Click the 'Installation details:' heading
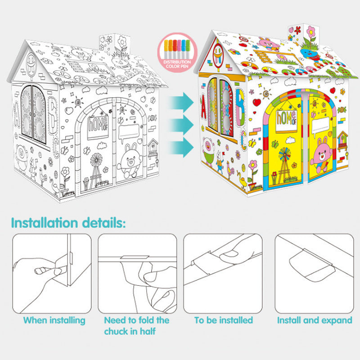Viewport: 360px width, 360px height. tap(68, 223)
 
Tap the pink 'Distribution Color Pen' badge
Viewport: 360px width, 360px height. tap(177, 53)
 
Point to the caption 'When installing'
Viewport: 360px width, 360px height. tap(54, 320)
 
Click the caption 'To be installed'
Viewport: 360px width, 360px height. tap(224, 320)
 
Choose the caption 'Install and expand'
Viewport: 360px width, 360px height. tap(315, 320)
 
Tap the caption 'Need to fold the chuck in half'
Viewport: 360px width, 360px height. tap(137, 326)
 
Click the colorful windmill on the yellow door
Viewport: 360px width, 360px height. tap(284, 165)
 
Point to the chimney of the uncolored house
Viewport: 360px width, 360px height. tap(115, 45)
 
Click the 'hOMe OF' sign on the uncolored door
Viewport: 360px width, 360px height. tap(98, 127)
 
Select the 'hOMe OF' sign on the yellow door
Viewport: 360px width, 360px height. tap(286, 121)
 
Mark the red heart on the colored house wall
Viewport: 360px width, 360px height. tap(257, 102)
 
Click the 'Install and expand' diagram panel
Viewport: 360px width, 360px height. tap(314, 274)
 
